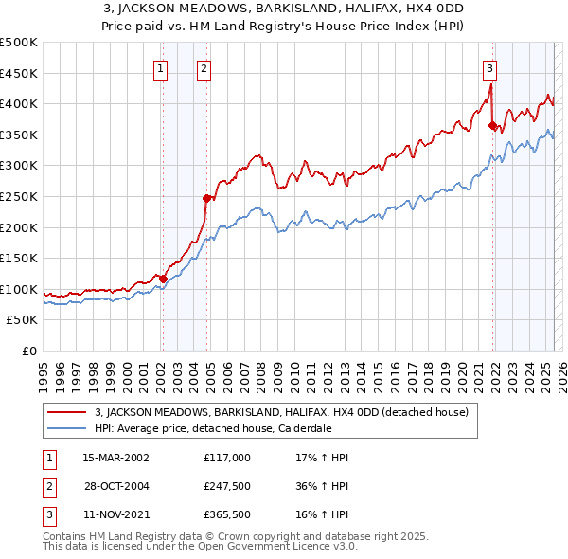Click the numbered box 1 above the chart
click(161, 67)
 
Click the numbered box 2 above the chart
click(204, 67)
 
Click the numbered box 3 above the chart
click(489, 67)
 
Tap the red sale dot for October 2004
click(206, 198)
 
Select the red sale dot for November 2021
click(492, 125)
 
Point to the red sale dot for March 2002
click(163, 279)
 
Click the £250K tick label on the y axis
click(19, 196)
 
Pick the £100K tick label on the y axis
click(19, 289)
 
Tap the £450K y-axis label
click(19, 73)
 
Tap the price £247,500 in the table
click(227, 487)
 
